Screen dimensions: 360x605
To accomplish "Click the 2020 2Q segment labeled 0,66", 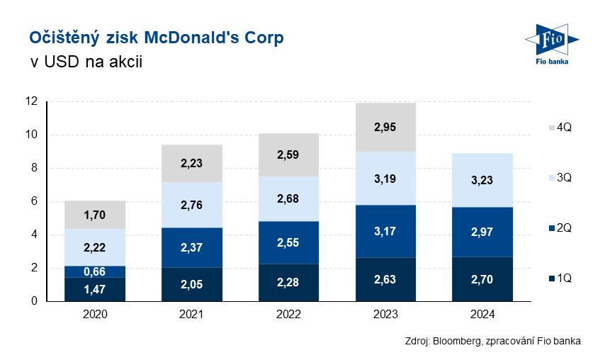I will click(x=95, y=271).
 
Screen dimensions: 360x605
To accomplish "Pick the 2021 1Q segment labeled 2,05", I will click(x=191, y=284).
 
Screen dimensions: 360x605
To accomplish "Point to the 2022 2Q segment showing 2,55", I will click(x=288, y=242).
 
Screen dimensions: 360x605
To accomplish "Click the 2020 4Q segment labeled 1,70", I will click(x=95, y=215).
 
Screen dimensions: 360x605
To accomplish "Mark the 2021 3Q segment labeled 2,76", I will click(x=191, y=205).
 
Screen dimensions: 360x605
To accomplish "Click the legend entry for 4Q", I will click(x=559, y=128).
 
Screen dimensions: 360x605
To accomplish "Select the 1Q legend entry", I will click(x=559, y=279).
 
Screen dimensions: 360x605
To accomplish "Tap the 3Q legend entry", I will click(x=559, y=177).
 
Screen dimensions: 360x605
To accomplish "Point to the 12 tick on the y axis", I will click(x=31, y=101).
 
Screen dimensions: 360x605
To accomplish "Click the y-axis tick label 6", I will click(x=34, y=201).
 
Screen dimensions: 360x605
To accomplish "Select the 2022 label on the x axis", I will click(x=288, y=314).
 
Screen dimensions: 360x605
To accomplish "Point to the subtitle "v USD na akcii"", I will click(x=86, y=62).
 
